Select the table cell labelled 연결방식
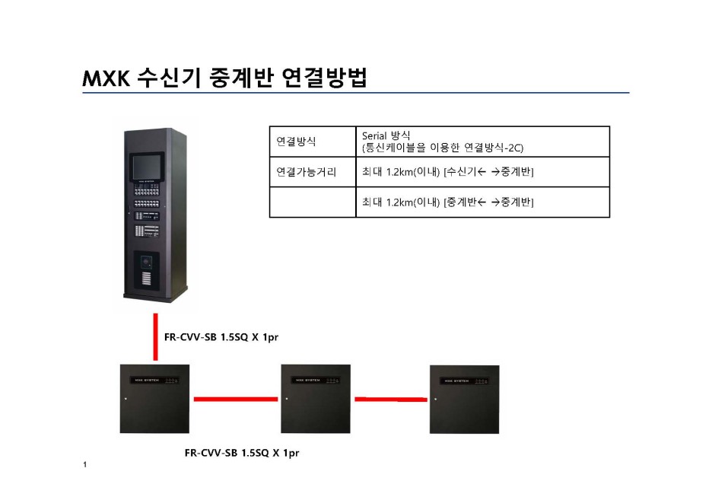(296, 142)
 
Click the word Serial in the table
(376, 135)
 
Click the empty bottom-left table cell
(312, 202)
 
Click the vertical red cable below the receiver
(155, 335)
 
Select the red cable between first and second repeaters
(235, 398)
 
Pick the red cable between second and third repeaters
(390, 398)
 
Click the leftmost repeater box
(154, 398)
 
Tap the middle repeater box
(316, 398)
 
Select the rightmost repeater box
(464, 398)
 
